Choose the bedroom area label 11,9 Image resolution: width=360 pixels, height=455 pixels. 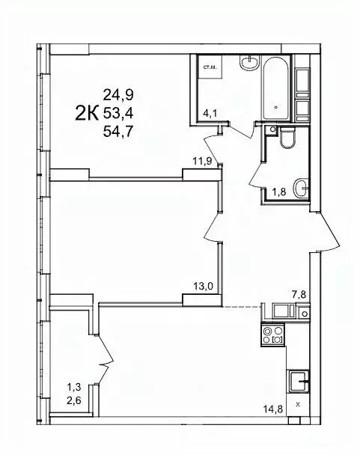click(x=202, y=160)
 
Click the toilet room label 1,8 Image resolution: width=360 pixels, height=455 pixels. click(x=278, y=192)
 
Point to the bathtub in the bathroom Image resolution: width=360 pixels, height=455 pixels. click(x=277, y=94)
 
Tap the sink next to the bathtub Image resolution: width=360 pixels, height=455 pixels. click(x=248, y=62)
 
